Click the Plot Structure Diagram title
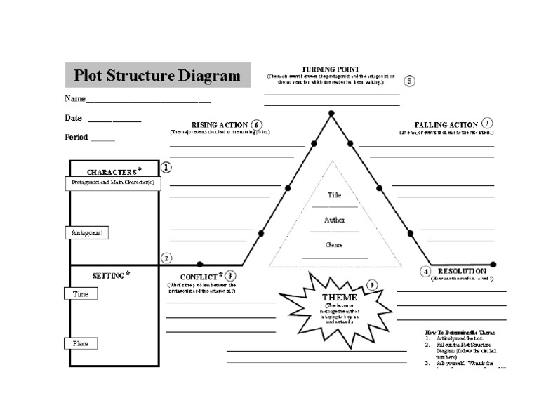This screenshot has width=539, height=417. click(157, 75)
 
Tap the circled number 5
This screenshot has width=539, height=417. click(410, 81)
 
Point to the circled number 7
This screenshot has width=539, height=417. click(487, 124)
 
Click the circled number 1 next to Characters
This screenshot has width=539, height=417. click(166, 168)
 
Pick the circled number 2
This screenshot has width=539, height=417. click(166, 258)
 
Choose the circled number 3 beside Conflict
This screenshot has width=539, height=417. click(230, 276)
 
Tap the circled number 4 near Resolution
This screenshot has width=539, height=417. click(425, 272)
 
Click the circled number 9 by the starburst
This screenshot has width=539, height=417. click(372, 285)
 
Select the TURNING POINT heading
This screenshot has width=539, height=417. click(331, 69)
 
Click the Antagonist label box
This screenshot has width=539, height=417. click(88, 232)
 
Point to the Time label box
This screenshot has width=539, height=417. click(81, 294)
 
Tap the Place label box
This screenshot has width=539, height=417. click(81, 344)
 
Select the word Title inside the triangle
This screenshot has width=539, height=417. click(334, 195)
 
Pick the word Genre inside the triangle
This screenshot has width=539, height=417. click(334, 245)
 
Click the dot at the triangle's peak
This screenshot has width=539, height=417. click(330, 112)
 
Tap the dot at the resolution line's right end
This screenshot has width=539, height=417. click(493, 265)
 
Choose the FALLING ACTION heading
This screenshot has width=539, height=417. click(446, 124)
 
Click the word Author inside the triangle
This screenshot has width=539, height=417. click(334, 220)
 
